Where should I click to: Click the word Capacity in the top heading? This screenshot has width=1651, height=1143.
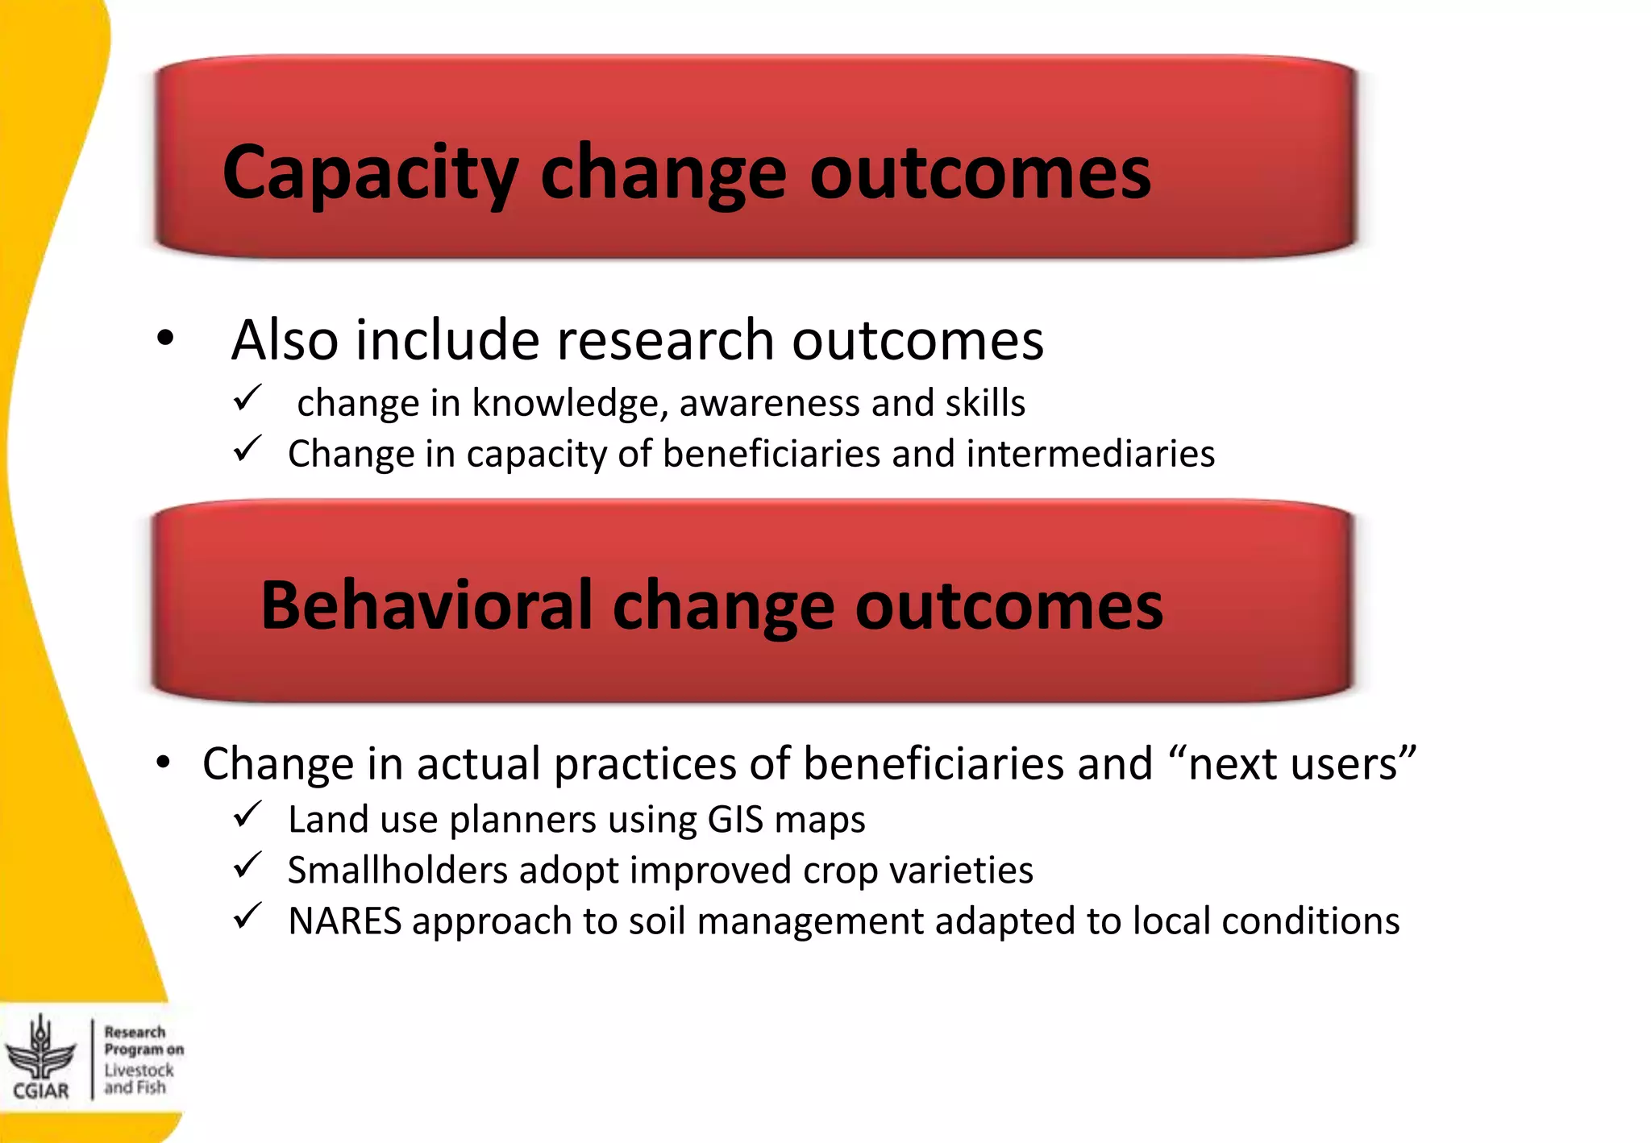(x=369, y=173)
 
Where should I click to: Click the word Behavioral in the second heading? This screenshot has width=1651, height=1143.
(x=426, y=605)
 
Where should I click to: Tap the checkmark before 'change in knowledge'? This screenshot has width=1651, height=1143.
(x=247, y=398)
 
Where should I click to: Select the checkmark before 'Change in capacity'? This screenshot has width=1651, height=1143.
(x=247, y=449)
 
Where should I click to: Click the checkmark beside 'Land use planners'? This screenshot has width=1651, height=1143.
(x=247, y=815)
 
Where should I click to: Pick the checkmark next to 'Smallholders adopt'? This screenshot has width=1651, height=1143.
(x=247, y=866)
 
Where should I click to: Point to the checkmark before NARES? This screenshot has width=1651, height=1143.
(x=247, y=916)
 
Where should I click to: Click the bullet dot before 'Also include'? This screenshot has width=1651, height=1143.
(x=165, y=339)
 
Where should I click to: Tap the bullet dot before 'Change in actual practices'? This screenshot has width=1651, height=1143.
(x=164, y=763)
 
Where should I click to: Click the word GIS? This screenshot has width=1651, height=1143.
(x=735, y=820)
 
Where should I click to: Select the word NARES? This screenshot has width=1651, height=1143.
(x=345, y=921)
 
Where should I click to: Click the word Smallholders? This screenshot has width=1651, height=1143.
(x=397, y=871)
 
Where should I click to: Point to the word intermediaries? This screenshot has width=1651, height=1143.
(x=1090, y=454)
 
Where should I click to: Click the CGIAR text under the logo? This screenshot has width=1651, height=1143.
(x=41, y=1091)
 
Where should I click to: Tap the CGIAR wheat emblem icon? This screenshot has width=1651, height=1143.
(x=40, y=1048)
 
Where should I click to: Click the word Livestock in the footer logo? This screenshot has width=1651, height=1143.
(x=139, y=1070)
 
